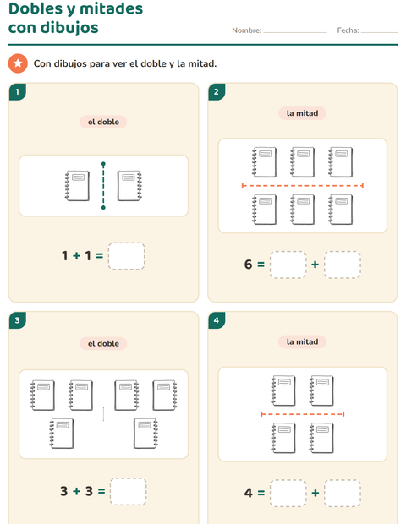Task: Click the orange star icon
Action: [18, 63]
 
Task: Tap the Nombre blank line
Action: [294, 32]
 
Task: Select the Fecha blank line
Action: [379, 32]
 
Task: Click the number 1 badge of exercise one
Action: [18, 92]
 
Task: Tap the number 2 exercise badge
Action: [217, 92]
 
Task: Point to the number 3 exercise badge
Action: [18, 320]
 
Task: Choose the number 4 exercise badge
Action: [217, 320]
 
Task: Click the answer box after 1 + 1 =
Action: [126, 256]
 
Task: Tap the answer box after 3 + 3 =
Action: [128, 491]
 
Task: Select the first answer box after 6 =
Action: [288, 265]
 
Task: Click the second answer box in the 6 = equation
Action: [343, 265]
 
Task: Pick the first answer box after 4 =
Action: [288, 493]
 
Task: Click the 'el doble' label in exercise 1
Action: [103, 122]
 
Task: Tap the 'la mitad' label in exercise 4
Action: [302, 342]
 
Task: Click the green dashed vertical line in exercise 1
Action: [103, 186]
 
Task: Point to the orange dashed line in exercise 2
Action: [302, 185]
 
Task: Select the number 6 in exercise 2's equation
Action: [248, 265]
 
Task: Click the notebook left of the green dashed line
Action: [77, 186]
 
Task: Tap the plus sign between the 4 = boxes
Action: [315, 493]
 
